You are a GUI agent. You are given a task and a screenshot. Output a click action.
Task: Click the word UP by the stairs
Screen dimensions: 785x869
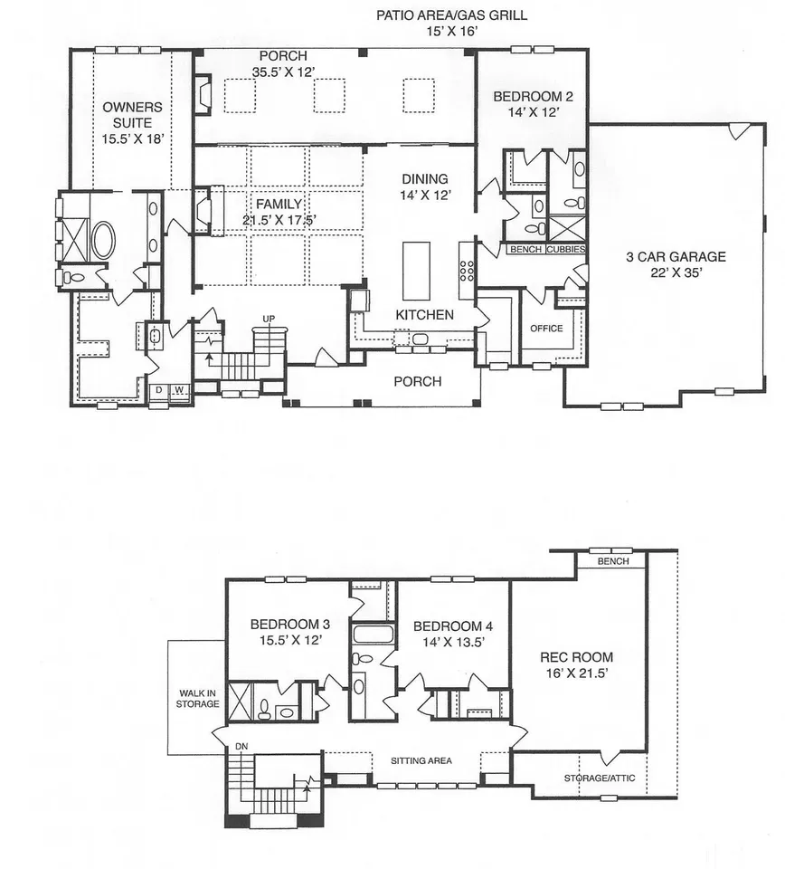pyautogui.click(x=269, y=319)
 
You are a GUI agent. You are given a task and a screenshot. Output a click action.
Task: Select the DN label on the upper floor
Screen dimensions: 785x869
pyautogui.click(x=241, y=747)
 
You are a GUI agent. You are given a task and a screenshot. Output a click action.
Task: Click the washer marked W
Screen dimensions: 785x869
pyautogui.click(x=179, y=390)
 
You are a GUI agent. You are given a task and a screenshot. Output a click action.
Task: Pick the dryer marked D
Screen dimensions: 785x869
pyautogui.click(x=159, y=390)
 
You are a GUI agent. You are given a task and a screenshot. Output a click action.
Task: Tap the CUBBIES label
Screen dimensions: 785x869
pyautogui.click(x=566, y=250)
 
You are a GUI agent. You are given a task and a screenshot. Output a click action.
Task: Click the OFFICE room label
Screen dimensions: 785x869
pyautogui.click(x=546, y=328)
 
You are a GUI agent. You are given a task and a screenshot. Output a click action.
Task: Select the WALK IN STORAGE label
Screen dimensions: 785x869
pyautogui.click(x=198, y=698)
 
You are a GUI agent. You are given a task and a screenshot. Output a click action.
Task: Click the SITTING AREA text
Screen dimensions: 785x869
pyautogui.click(x=421, y=761)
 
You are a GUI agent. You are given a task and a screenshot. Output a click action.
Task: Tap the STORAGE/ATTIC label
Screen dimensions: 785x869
pyautogui.click(x=600, y=778)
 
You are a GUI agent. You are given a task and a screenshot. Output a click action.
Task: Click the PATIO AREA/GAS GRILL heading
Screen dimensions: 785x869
pyautogui.click(x=451, y=15)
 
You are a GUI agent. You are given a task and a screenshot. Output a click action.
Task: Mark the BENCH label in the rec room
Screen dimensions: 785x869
pyautogui.click(x=613, y=561)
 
